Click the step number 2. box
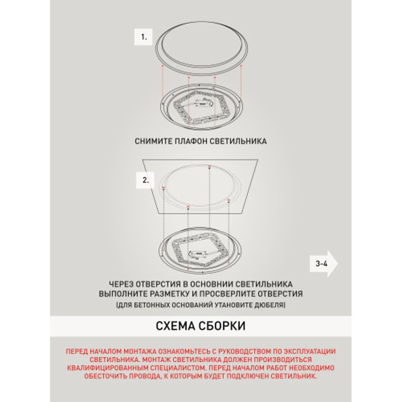click(x=146, y=180)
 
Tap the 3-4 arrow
click(x=324, y=264)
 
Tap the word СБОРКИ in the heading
click(x=224, y=325)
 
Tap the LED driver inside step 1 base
click(x=200, y=104)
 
